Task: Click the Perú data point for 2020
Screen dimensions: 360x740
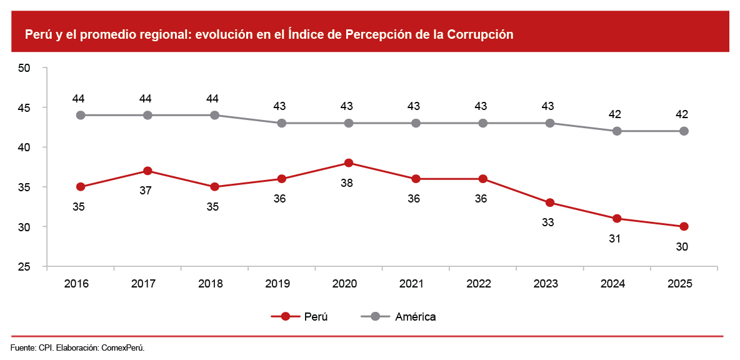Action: [349, 163]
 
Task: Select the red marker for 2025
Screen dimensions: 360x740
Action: [684, 226]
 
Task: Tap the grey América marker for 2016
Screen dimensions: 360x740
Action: [80, 115]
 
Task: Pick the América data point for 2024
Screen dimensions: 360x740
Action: [617, 131]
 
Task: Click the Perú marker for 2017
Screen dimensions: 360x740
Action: [147, 171]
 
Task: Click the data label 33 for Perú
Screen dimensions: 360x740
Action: [548, 222]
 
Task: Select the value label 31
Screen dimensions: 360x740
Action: [615, 238]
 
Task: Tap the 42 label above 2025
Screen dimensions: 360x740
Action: [682, 114]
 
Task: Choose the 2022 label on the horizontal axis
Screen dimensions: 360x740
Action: [479, 283]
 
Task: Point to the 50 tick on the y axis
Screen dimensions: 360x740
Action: [25, 68]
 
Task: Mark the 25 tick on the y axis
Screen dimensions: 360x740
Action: [25, 267]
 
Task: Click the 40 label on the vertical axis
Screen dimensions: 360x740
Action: [25, 147]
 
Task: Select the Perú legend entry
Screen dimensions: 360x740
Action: [299, 316]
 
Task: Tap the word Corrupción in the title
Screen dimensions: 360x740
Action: [480, 34]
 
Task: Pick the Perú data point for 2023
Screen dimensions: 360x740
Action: [550, 202]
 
